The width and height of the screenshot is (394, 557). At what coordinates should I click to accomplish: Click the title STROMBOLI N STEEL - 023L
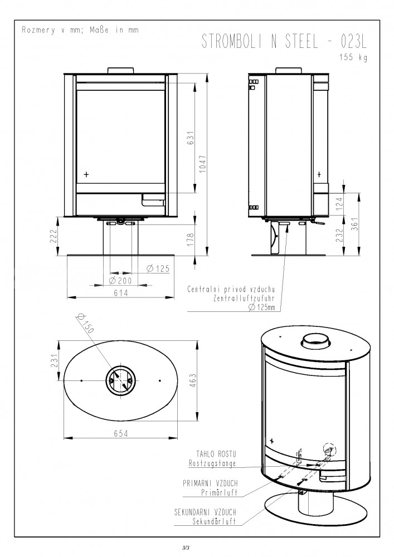pyautogui.click(x=284, y=41)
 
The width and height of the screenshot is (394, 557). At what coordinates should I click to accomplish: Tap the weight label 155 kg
pyautogui.click(x=353, y=57)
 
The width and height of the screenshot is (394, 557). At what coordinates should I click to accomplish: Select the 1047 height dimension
pyautogui.click(x=202, y=164)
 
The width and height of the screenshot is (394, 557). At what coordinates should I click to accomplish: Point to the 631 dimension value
pyautogui.click(x=191, y=138)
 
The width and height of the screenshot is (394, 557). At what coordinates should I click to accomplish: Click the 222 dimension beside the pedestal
pyautogui.click(x=53, y=236)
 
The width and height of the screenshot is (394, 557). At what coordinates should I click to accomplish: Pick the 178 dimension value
pyautogui.click(x=191, y=240)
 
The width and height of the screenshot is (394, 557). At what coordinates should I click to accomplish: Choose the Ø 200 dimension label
pyautogui.click(x=120, y=281)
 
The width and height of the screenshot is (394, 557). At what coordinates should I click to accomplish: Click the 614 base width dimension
pyautogui.click(x=121, y=293)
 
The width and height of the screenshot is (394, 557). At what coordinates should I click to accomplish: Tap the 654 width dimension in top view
pyautogui.click(x=121, y=433)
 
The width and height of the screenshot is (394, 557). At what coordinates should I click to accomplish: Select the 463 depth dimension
pyautogui.click(x=193, y=381)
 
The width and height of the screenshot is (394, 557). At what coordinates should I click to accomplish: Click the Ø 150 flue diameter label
pyautogui.click(x=85, y=323)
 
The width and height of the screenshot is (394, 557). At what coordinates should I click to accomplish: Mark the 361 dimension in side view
pyautogui.click(x=356, y=224)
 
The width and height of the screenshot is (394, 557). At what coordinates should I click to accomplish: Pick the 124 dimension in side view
pyautogui.click(x=339, y=204)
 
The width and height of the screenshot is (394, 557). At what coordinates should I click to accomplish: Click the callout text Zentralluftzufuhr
pyautogui.click(x=244, y=299)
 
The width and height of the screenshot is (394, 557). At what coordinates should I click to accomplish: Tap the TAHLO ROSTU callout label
pyautogui.click(x=216, y=454)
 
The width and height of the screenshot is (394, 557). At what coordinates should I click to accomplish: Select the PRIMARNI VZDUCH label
pyautogui.click(x=210, y=483)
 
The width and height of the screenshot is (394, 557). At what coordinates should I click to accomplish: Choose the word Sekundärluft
pyautogui.click(x=214, y=522)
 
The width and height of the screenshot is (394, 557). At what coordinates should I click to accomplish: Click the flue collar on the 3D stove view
pyautogui.click(x=316, y=341)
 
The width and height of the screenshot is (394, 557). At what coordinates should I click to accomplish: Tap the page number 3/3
pyautogui.click(x=186, y=548)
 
